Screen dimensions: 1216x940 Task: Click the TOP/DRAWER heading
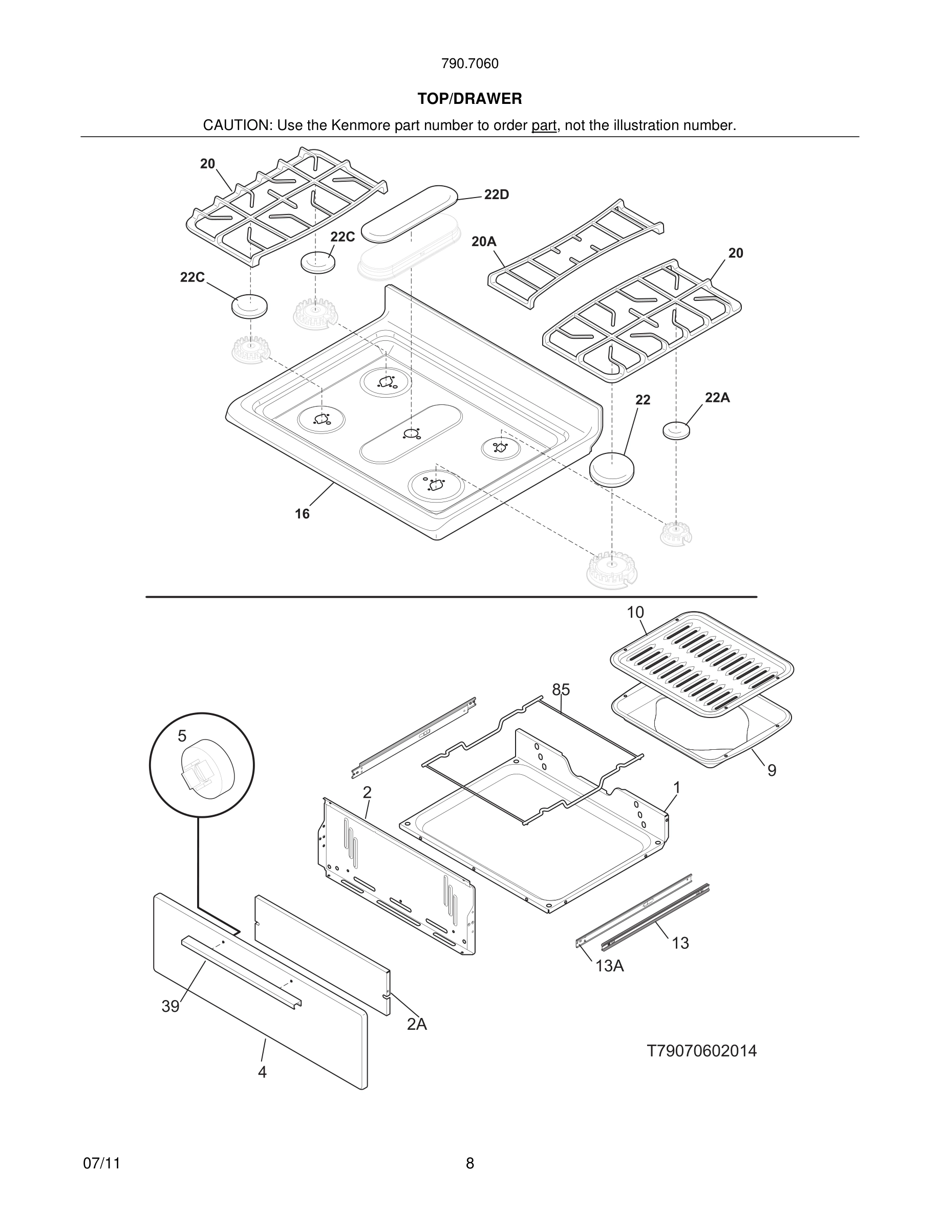(469, 99)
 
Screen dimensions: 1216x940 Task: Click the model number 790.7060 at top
(469, 64)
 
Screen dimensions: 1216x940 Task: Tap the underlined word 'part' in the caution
(544, 126)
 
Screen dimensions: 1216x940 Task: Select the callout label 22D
(496, 195)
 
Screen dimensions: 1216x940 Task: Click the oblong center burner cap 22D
(409, 214)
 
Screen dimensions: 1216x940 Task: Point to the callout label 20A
(483, 242)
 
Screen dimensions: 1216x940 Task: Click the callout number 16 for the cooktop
(302, 514)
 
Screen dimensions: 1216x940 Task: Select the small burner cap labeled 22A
(676, 430)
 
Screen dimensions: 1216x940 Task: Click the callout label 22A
(717, 398)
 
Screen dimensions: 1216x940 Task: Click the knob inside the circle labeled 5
(207, 771)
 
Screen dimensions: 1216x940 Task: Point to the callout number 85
(561, 690)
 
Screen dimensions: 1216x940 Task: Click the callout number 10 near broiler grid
(635, 613)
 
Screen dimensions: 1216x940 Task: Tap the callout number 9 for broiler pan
(771, 771)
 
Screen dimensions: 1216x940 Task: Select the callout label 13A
(609, 967)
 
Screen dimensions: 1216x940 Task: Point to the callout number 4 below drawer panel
(262, 1072)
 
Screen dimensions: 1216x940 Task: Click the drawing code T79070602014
(701, 1051)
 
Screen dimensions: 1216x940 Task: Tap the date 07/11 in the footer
(101, 1164)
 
